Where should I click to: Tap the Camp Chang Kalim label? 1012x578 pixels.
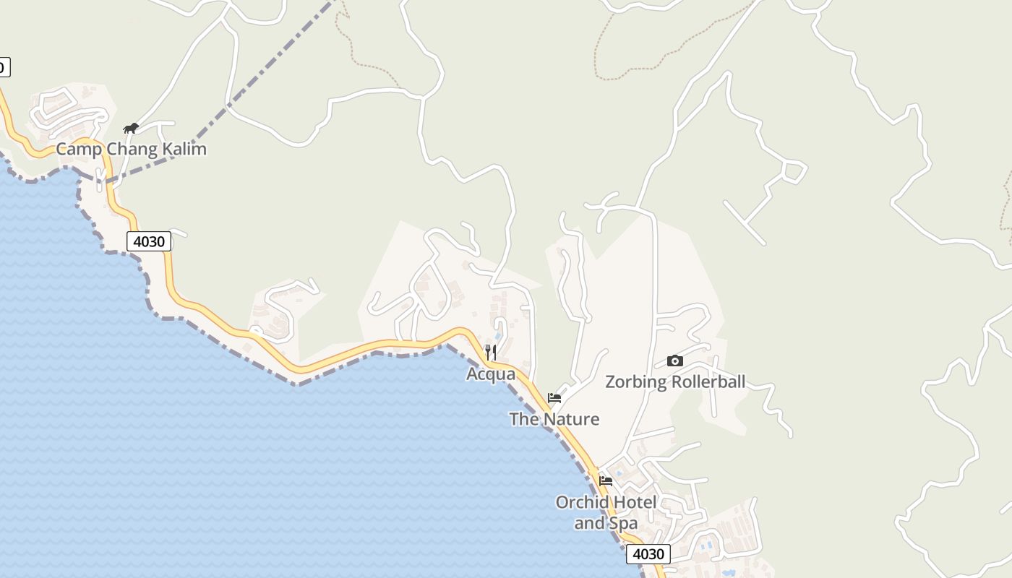pos(131,150)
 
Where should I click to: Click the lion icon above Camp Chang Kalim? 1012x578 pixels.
pos(131,129)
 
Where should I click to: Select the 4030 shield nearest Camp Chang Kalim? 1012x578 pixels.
pos(149,241)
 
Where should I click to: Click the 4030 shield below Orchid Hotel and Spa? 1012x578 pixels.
pos(648,554)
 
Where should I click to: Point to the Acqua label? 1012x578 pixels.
pos(491,374)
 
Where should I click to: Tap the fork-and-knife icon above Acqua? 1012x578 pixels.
pos(491,353)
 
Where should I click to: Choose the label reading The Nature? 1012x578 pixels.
pos(554,419)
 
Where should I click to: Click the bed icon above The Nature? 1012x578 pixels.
pos(554,398)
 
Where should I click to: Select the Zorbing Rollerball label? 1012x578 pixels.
pos(674,381)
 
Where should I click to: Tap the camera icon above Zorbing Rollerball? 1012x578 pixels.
pos(674,361)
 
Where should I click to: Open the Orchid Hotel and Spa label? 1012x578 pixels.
pos(606,512)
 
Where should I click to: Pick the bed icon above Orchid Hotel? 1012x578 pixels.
pos(606,480)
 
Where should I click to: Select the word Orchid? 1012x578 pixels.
pos(580,502)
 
